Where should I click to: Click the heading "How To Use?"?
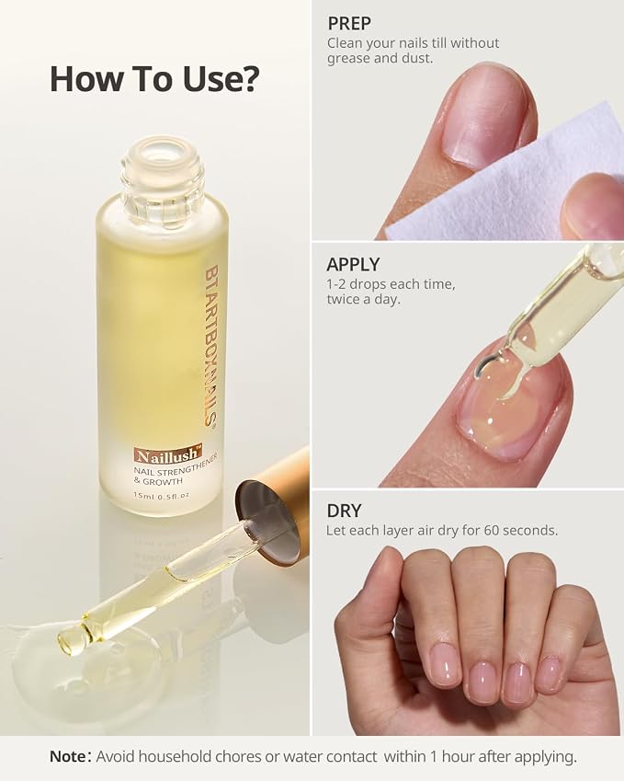click(x=154, y=79)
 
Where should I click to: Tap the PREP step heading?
click(x=349, y=23)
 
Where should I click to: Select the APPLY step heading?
click(x=353, y=264)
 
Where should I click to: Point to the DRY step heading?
click(x=344, y=511)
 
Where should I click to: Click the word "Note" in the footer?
click(x=68, y=756)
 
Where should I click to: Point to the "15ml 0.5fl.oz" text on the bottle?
click(x=161, y=496)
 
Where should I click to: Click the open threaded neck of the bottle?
click(x=163, y=172)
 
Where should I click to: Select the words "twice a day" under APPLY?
click(x=363, y=300)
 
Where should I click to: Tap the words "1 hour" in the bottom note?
click(x=454, y=756)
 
